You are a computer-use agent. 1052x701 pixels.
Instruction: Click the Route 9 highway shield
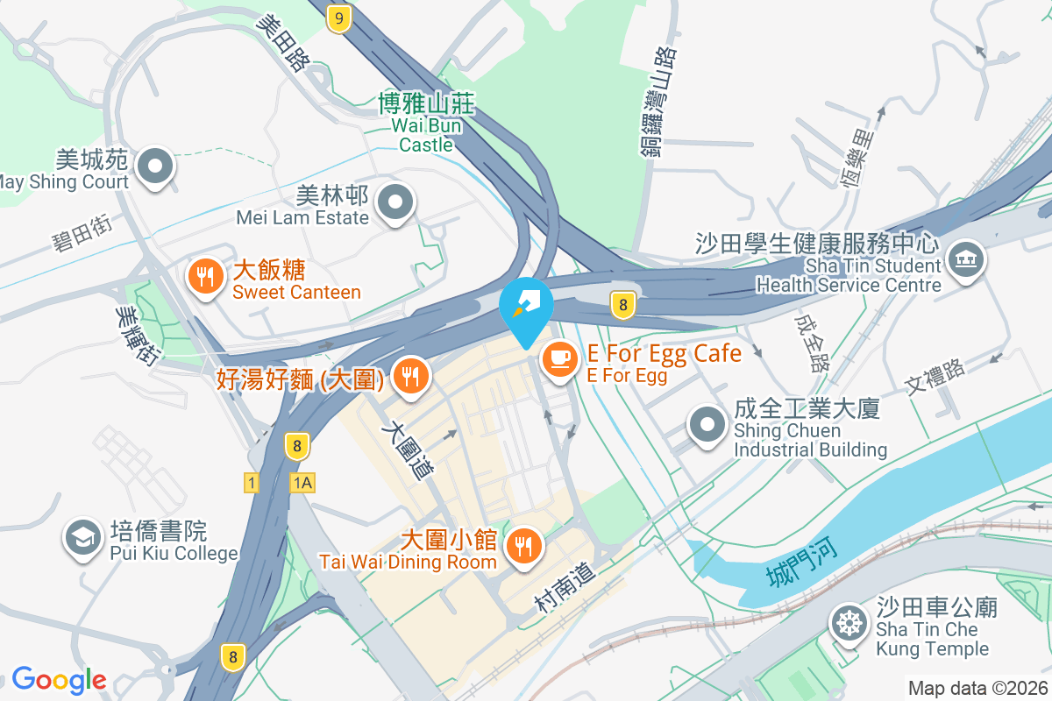pyautogui.click(x=338, y=18)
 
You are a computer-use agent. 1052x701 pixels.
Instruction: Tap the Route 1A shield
pyautogui.click(x=303, y=483)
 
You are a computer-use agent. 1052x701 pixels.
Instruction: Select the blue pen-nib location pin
pyautogui.click(x=526, y=307)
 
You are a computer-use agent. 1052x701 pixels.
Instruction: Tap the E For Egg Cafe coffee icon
pyautogui.click(x=559, y=358)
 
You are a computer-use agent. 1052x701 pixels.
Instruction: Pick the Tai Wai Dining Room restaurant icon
pyautogui.click(x=524, y=547)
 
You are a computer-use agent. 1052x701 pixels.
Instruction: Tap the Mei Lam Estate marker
pyautogui.click(x=394, y=203)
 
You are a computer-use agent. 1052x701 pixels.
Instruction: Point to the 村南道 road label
pyautogui.click(x=565, y=587)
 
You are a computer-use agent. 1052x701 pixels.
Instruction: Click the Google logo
pyautogui.click(x=60, y=680)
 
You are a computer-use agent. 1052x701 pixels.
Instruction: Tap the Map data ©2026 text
pyautogui.click(x=977, y=688)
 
